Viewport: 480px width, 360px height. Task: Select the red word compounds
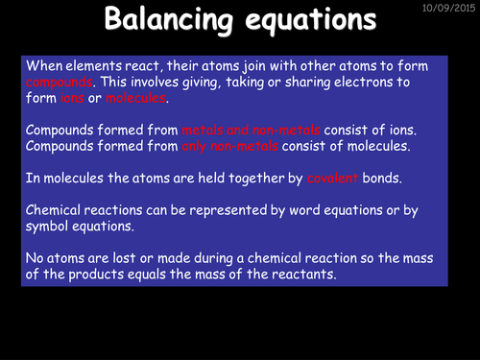60,82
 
